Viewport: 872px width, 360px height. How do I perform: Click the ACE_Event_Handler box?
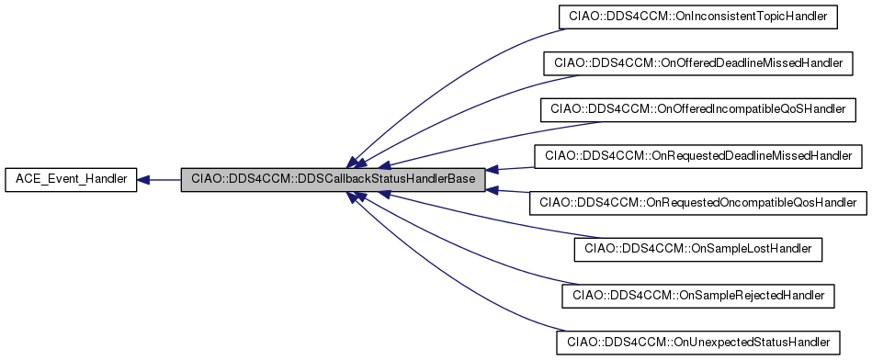[71, 180]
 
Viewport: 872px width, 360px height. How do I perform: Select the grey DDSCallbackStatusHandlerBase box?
[332, 180]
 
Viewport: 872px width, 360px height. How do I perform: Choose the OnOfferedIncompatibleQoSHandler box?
[697, 109]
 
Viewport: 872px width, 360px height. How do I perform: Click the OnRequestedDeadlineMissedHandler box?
[699, 156]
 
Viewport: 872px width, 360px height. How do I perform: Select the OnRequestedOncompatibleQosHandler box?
[698, 202]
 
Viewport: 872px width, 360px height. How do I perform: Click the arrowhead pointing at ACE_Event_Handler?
[144, 180]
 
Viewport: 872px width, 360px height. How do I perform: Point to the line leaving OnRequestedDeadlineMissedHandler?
[515, 166]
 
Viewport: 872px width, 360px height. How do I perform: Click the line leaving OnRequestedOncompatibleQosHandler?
[515, 193]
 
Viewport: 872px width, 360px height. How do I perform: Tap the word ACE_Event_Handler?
[71, 180]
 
